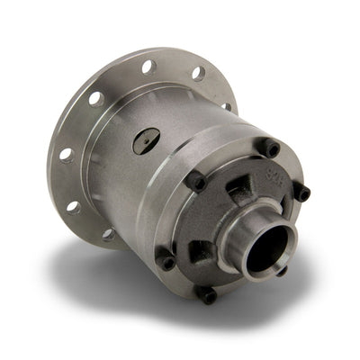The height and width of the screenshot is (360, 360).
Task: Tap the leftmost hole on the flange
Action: click(65, 155)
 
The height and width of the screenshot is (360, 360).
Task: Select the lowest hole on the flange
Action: click(109, 235)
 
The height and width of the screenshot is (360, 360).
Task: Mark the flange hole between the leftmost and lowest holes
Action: click(73, 206)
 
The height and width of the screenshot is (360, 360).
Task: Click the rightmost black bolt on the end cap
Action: click(303, 192)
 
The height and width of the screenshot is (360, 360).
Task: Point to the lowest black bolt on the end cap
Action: click(209, 294)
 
